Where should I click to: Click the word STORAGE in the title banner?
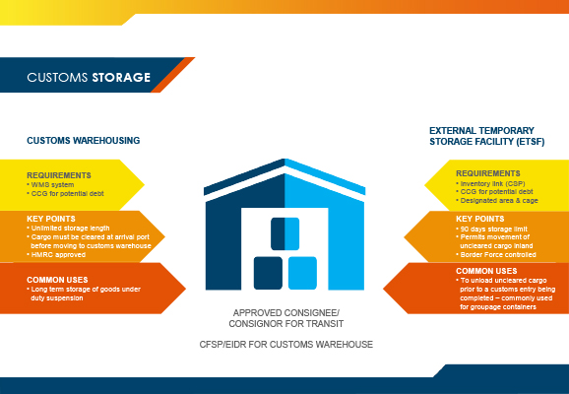121,78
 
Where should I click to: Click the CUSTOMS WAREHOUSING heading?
84,141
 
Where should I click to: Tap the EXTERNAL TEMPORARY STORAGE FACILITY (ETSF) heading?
487,136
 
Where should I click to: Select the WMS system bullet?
51,185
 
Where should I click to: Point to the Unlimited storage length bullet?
68,229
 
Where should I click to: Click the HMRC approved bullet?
56,254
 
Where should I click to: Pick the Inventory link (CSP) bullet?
490,184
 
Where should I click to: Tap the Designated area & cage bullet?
497,201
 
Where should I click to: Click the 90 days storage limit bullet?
491,230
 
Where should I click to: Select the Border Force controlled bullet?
496,254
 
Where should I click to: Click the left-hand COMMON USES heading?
57,280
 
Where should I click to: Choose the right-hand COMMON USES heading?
486,271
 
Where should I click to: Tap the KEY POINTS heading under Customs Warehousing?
51,219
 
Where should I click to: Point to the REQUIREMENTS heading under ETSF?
488,173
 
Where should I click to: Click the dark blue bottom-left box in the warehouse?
268,273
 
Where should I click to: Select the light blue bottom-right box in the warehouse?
302,273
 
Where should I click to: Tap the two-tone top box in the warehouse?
285,233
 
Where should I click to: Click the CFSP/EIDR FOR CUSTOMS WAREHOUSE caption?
286,344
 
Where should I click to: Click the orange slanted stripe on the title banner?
173,75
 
